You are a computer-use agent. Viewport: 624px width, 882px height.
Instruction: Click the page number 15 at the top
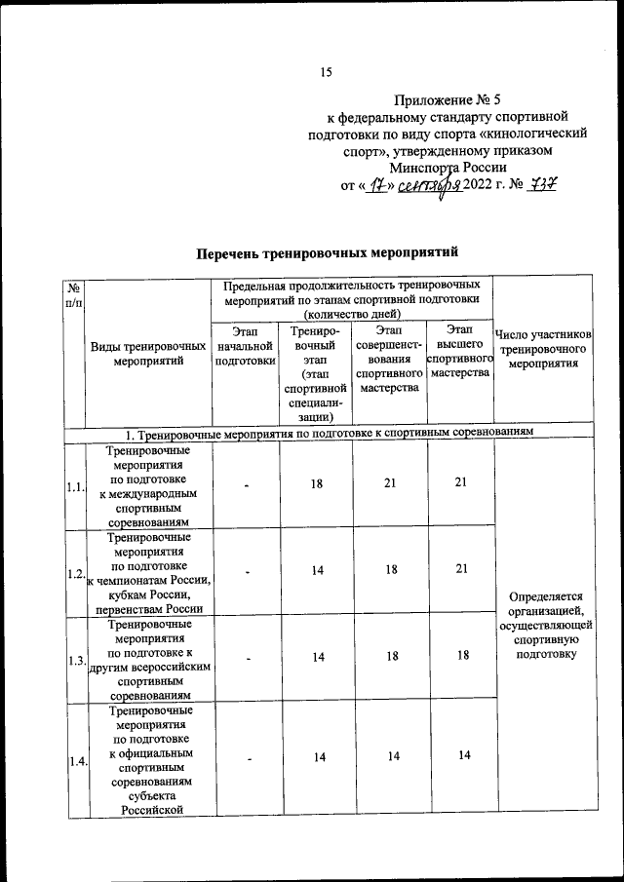point(327,71)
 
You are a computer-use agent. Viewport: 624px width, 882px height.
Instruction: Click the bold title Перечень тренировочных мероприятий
point(327,253)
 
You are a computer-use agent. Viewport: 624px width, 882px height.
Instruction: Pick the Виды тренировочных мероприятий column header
point(148,354)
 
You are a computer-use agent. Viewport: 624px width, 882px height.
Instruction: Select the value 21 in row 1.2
point(459,571)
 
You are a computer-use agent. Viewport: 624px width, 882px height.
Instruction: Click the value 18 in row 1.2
point(391,571)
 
